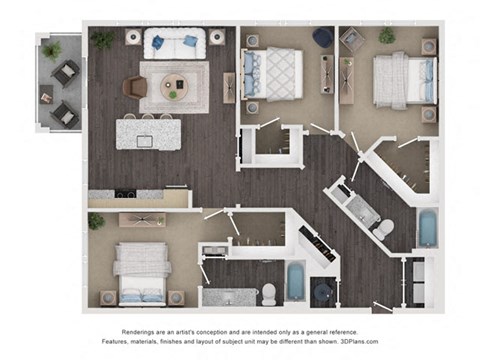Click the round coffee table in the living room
pos(174,87)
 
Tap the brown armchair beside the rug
pos(135,87)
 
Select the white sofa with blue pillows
pos(174,44)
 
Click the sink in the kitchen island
pos(145,141)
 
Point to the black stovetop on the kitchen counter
pos(125,194)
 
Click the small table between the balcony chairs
pos(46,95)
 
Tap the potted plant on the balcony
pos(52,51)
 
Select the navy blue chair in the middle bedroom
pos(323,37)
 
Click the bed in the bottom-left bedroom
pos(141,274)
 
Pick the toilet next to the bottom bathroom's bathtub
pos(268,294)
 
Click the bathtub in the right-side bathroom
pos(427,227)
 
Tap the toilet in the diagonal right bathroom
pos(384,229)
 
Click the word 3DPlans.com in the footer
pos(359,341)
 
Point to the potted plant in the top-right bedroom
pos(387,35)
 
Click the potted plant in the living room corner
pos(103,40)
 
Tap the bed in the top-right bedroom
pos(405,81)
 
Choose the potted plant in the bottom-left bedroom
pos(96,221)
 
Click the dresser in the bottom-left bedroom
pos(142,220)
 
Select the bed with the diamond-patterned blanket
pos(273,74)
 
